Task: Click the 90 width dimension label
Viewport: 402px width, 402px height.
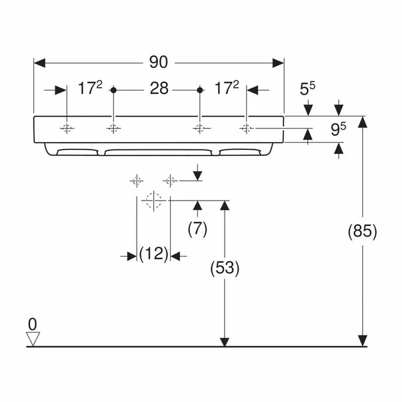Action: [x=158, y=63]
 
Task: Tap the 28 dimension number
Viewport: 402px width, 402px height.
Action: [x=158, y=89]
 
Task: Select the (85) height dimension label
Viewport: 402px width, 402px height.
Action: [x=363, y=231]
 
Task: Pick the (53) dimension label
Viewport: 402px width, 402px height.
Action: [x=225, y=269]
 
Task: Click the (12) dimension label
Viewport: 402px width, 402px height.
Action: [x=153, y=254]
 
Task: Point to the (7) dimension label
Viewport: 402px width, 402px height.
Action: [x=197, y=229]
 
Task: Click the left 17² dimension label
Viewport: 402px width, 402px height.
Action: [x=90, y=89]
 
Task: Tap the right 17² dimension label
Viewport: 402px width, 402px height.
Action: [x=226, y=89]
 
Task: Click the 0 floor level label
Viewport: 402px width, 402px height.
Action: [x=32, y=324]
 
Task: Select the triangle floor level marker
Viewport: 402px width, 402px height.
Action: [x=32, y=339]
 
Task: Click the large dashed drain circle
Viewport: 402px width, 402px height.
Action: [x=153, y=200]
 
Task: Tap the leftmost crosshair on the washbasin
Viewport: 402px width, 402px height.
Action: [x=67, y=128]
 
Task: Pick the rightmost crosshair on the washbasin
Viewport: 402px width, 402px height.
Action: [x=247, y=128]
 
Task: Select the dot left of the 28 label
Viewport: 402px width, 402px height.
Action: [x=114, y=89]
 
